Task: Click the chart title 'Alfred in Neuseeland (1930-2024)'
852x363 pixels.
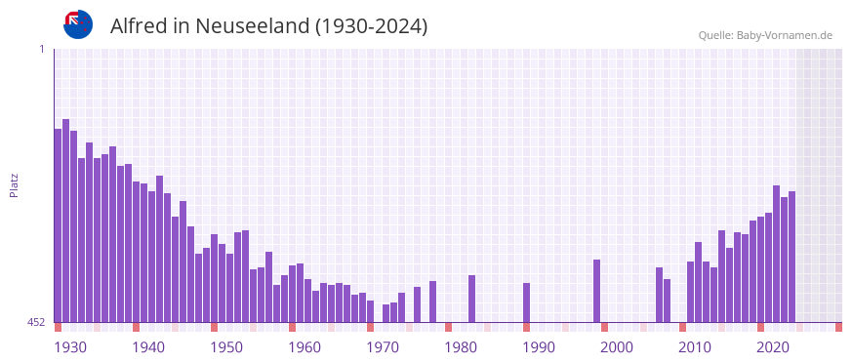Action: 268,26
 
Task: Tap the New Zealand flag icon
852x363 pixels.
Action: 78,24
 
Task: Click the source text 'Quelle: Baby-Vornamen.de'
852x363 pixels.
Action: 765,35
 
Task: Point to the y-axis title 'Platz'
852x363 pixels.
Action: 15,185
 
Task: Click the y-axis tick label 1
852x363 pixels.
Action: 42,49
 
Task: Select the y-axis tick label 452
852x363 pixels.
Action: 35,322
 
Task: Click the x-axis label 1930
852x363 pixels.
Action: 70,347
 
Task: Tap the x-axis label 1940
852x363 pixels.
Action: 148,347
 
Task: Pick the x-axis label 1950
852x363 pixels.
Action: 226,347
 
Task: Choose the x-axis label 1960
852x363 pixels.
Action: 304,347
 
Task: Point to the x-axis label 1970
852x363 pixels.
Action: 383,347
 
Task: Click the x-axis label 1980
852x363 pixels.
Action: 461,347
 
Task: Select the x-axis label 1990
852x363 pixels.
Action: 539,347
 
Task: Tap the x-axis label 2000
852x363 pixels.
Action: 617,347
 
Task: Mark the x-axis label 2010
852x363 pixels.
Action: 695,347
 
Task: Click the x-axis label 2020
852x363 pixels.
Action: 773,347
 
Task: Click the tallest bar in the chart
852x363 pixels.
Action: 65,221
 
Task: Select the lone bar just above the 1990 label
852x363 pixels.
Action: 526,302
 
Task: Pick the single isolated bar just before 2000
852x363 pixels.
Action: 596,291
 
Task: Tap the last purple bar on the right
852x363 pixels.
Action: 791,257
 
